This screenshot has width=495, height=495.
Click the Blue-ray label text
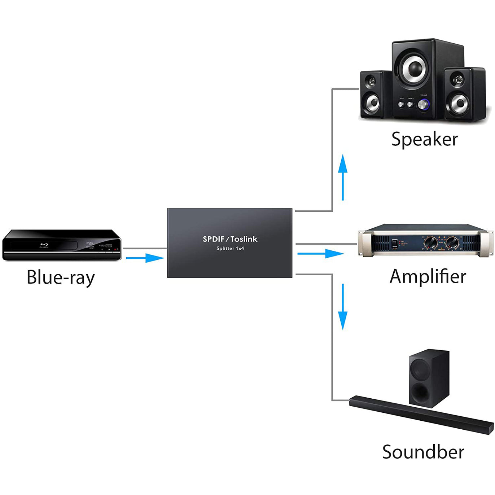coord(61,277)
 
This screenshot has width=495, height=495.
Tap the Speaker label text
coord(424,139)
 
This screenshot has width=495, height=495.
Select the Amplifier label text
coord(428,277)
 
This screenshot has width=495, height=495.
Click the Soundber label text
coord(423,452)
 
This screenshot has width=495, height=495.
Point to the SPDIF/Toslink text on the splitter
coord(230,239)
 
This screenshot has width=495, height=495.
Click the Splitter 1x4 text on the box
coord(230,249)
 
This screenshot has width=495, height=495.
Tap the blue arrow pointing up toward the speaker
coord(343,177)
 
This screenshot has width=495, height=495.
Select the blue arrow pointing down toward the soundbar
coord(343,307)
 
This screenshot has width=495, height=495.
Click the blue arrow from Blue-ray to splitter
coord(145,258)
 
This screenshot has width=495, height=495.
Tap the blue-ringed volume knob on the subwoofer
coord(423,105)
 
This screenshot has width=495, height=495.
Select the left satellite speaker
coord(372,95)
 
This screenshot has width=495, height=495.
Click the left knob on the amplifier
coord(431,242)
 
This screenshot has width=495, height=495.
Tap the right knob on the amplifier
coord(452,242)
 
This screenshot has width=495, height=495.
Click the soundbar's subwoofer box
coord(429,378)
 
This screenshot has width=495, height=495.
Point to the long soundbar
coord(421,415)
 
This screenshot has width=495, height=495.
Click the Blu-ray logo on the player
coord(44,246)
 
